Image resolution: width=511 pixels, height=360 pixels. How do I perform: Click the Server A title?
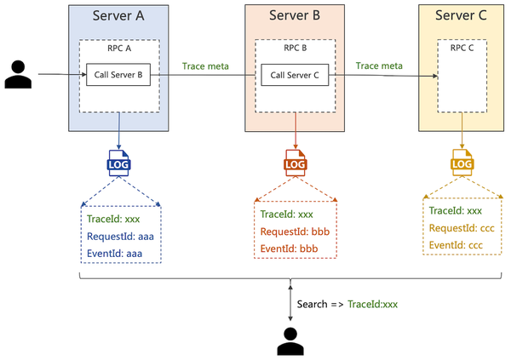tap(118, 15)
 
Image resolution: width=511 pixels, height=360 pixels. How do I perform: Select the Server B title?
tap(295, 15)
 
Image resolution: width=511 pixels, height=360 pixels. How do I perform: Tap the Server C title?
tap(461, 15)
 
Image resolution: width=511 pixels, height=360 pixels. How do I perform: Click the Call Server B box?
tap(118, 75)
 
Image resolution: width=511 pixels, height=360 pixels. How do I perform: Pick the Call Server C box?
tap(295, 75)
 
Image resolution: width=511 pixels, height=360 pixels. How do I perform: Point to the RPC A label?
tap(119, 49)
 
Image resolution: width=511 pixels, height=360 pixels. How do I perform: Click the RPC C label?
tap(462, 48)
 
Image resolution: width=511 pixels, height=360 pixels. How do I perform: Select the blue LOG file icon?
tap(118, 163)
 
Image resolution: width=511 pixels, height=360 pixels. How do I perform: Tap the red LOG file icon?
tap(296, 163)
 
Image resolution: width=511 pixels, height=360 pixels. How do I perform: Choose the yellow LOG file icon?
tap(462, 163)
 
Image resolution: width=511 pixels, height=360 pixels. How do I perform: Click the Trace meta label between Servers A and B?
tap(205, 66)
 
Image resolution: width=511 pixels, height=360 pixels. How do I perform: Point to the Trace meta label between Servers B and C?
tap(379, 66)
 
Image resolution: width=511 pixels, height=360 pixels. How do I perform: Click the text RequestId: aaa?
tap(120, 237)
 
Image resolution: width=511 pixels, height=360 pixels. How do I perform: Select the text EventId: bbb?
tap(289, 249)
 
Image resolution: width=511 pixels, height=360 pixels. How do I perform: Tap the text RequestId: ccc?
tap(462, 228)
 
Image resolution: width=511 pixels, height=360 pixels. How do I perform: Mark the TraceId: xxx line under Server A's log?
tap(113, 219)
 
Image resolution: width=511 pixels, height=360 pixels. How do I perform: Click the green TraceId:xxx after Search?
tap(372, 305)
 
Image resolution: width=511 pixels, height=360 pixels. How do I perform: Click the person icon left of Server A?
tap(18, 74)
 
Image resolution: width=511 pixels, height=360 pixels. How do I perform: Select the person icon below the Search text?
tap(290, 341)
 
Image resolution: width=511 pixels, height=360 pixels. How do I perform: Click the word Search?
tap(313, 305)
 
